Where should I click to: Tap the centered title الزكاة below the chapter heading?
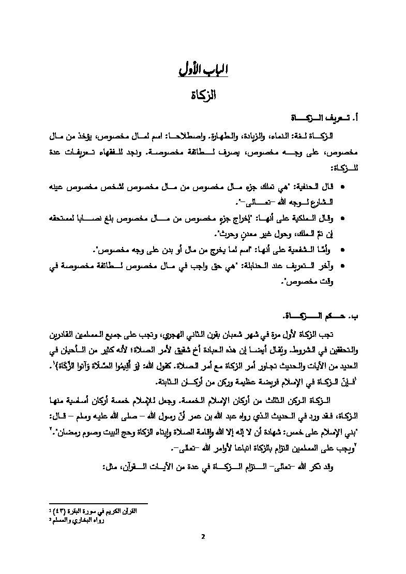pos(203,96)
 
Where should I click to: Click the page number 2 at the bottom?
pos(203,536)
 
